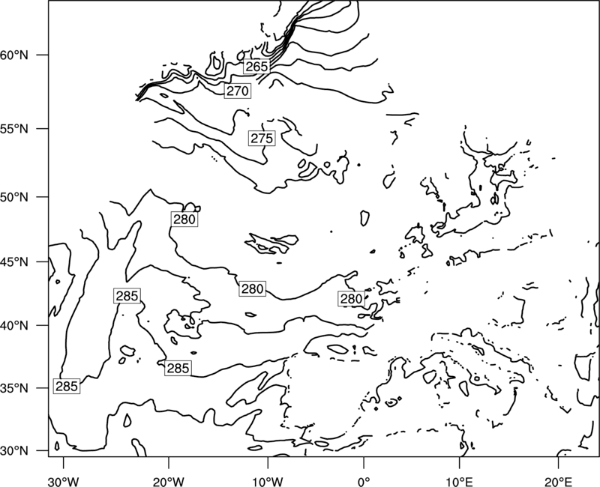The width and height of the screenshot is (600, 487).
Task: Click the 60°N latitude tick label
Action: point(14,55)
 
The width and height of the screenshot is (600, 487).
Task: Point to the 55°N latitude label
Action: point(14,129)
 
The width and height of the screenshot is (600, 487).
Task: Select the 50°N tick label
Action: point(14,197)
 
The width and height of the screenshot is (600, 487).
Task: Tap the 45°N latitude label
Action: point(14,261)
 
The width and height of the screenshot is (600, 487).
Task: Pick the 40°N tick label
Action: point(14,325)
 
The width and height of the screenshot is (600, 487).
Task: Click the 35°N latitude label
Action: point(14,388)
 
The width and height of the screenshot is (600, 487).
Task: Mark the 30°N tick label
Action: point(14,451)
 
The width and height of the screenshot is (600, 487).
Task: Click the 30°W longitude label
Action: point(64,482)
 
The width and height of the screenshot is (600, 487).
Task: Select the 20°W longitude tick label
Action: point(169,482)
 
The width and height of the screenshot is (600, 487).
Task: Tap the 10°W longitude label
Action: point(268,482)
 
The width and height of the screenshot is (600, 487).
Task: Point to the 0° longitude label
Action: point(364,482)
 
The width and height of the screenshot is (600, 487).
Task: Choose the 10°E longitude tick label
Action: point(459,482)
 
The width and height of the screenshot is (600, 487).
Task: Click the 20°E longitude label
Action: point(558,482)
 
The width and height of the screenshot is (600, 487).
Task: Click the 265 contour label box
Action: point(256,67)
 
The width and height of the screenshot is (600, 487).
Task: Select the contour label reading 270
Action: point(238,91)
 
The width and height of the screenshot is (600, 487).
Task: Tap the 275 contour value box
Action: point(262,138)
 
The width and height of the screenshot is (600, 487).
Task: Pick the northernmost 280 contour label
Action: point(184,220)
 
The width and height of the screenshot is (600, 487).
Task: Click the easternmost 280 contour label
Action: point(351,298)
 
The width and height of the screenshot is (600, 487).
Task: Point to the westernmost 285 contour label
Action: point(67,387)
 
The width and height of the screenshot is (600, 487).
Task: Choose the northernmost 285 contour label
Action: point(127,296)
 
